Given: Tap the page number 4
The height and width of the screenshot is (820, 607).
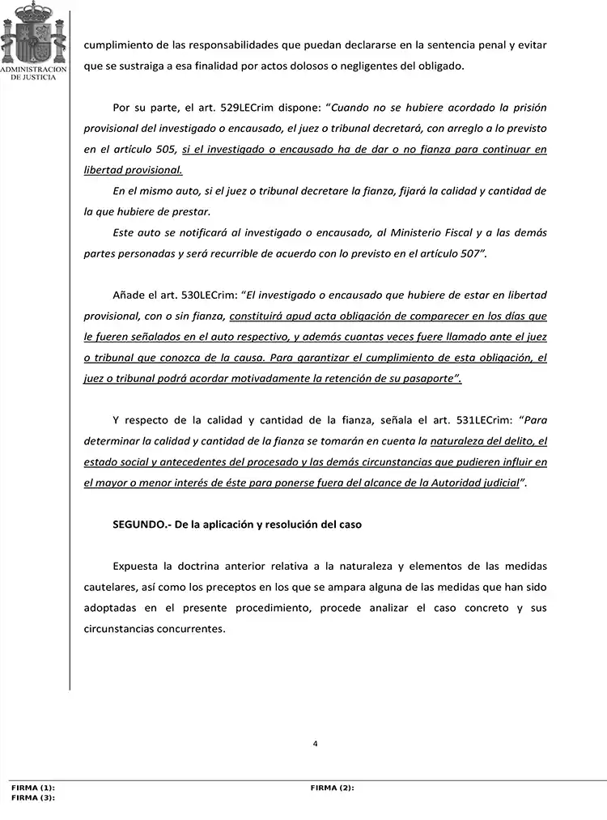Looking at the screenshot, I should pos(315,743).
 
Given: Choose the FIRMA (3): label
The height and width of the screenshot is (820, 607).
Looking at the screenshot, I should pos(33,797).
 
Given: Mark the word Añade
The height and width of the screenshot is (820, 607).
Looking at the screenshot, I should pos(128,295).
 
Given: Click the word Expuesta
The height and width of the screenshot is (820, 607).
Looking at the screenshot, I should pos(137,566).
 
